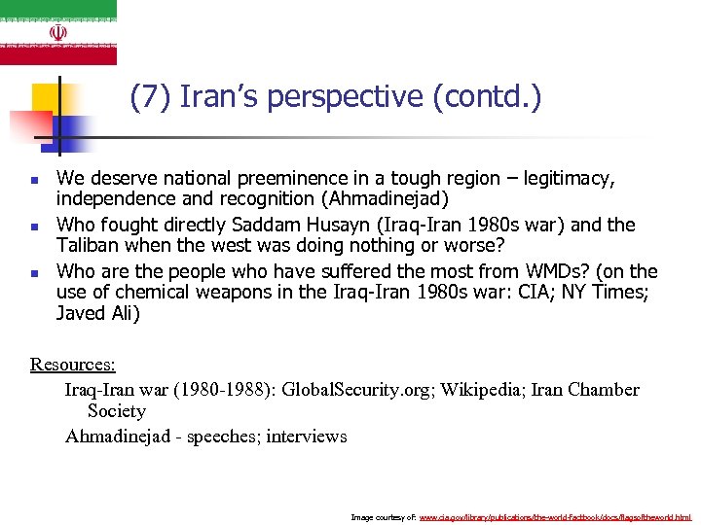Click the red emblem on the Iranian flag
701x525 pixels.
point(58,32)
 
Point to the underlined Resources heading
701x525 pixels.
point(73,365)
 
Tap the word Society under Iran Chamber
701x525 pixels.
point(116,411)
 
